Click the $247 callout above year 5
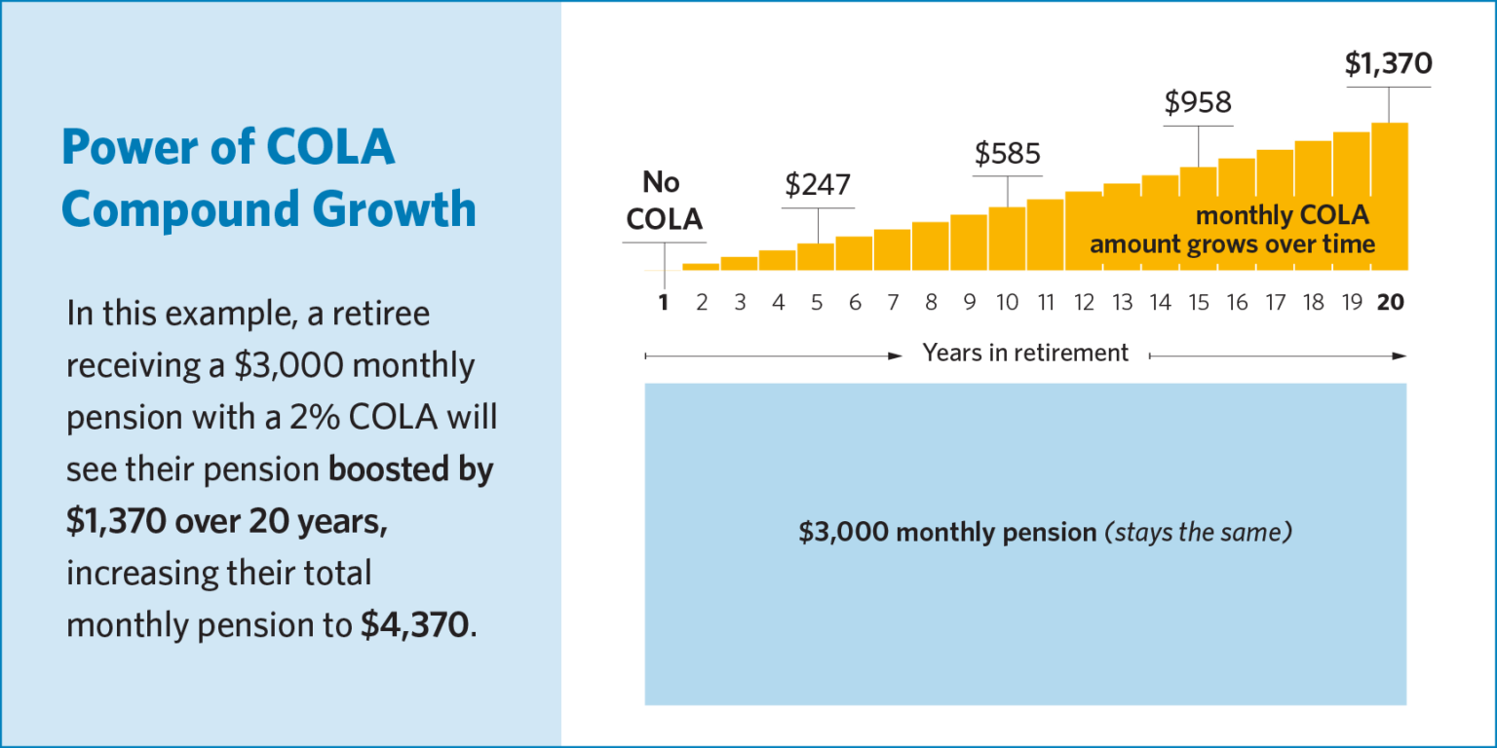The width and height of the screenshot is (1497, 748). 818,185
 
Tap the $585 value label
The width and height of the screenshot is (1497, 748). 1008,153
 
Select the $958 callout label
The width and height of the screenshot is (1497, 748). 1198,102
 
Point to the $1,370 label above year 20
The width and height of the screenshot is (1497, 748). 1388,64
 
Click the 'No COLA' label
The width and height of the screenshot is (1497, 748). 664,202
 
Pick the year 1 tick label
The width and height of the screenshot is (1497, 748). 664,303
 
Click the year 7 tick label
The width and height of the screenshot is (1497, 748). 893,303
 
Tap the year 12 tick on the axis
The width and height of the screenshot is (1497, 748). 1084,303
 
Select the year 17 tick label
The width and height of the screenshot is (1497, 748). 1275,303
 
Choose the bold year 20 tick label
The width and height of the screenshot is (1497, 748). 1390,303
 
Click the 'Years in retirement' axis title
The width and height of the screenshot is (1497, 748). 1025,353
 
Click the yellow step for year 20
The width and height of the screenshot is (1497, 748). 1390,195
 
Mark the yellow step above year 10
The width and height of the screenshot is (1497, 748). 1008,238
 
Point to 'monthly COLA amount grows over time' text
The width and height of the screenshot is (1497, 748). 1233,230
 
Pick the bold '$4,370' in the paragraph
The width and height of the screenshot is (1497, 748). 414,625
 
